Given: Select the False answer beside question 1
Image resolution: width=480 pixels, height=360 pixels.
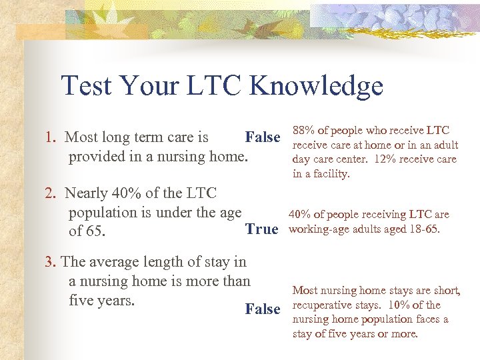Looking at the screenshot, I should [263, 137].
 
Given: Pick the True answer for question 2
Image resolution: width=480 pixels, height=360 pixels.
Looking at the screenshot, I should [261, 229].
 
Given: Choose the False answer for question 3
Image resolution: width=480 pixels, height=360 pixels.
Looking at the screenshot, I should [263, 309].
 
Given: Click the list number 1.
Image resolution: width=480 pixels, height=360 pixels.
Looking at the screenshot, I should [49, 138].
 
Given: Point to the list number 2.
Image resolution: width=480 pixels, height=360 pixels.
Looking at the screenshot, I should [49, 194].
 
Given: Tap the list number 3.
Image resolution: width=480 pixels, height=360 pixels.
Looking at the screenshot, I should [49, 262].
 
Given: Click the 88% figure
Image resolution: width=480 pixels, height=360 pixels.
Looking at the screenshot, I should [305, 131].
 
